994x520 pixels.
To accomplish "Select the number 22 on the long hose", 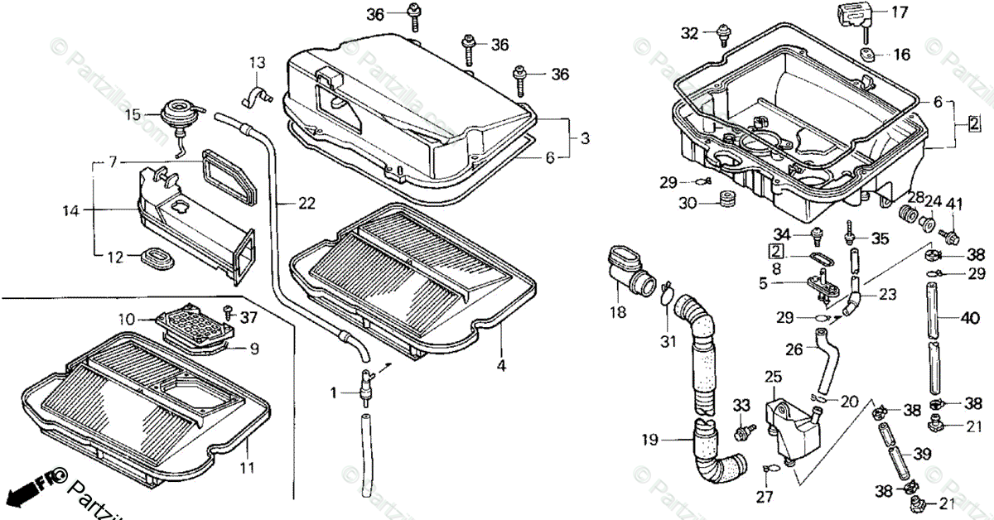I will click(284, 201).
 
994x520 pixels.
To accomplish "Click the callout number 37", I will click(249, 318).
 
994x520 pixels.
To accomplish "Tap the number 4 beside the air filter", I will click(500, 362).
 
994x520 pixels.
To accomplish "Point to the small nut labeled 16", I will click(866, 55).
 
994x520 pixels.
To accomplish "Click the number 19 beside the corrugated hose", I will click(650, 440).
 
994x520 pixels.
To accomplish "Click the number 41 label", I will click(955, 205).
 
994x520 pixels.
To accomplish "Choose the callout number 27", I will click(764, 496).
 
